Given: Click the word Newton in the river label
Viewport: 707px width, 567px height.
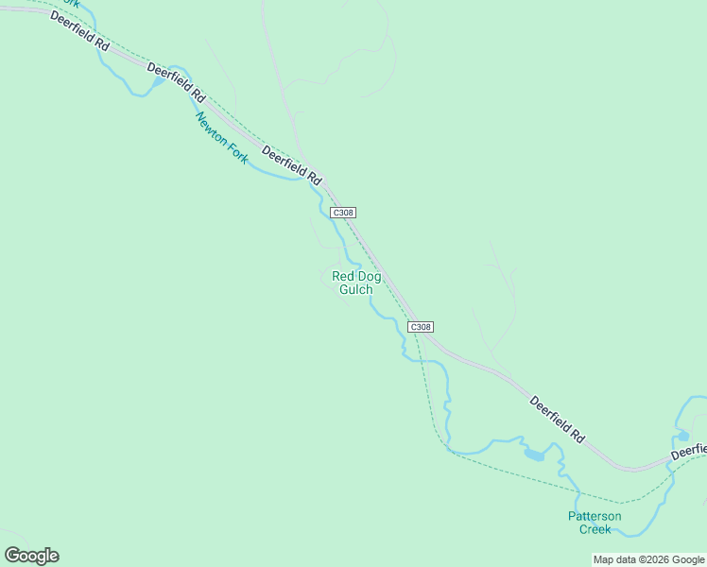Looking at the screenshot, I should [x=213, y=130].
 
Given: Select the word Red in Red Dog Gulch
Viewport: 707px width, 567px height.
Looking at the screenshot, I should [x=341, y=277].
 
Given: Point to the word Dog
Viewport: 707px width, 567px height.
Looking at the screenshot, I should [x=369, y=277].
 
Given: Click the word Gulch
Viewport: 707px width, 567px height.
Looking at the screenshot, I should [x=355, y=290].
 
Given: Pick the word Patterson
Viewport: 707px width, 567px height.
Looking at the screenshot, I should [x=595, y=516].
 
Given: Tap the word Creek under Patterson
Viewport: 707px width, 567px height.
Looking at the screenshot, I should [x=595, y=529].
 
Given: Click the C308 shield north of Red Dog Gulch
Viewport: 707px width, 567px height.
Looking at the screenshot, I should [x=343, y=213].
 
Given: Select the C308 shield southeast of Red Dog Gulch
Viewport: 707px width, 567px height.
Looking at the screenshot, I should [x=421, y=327].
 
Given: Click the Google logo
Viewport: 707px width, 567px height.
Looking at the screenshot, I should [x=31, y=556].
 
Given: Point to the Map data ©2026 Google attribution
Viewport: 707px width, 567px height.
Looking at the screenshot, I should [x=648, y=559].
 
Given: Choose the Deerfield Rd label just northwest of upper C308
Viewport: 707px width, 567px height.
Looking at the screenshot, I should [x=292, y=164].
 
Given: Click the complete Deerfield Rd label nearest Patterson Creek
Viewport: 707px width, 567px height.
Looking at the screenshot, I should [x=557, y=420].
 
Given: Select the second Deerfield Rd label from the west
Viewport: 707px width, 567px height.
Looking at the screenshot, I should [x=176, y=82].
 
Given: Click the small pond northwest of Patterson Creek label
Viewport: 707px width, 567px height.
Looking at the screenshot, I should [x=534, y=455].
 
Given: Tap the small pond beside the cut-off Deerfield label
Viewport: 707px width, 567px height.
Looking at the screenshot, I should [x=682, y=436].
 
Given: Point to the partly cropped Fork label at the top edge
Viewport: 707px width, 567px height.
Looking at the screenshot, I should [x=68, y=3].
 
